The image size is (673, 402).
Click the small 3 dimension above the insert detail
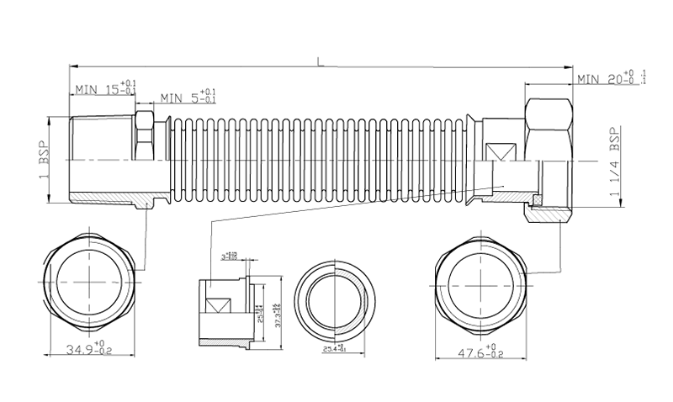tap(228, 255)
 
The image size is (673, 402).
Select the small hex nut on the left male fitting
tap(143, 135)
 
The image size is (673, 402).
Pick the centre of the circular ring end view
tap(336, 299)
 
